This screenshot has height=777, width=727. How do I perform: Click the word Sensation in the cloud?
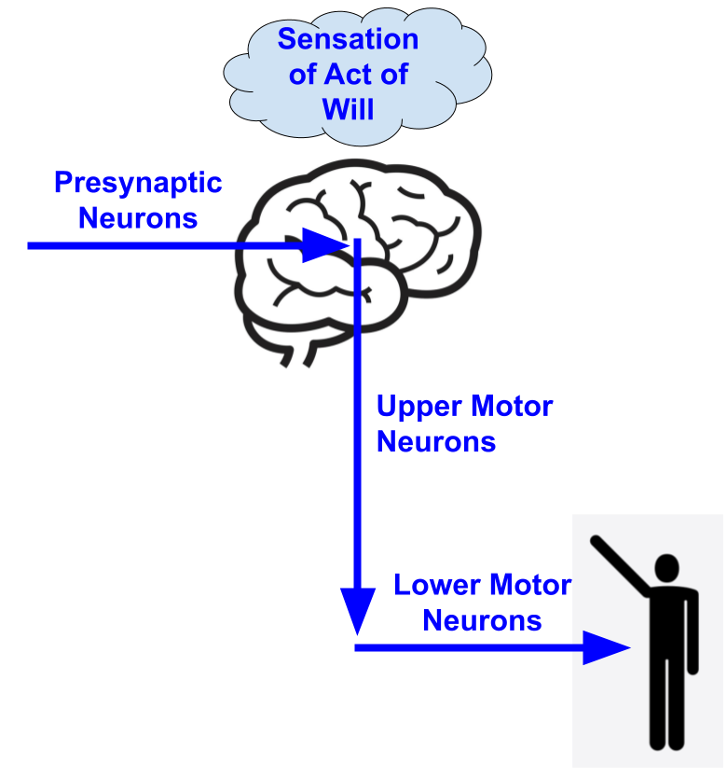348,40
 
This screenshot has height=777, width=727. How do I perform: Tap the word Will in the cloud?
348,109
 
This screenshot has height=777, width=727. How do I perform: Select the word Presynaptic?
137,183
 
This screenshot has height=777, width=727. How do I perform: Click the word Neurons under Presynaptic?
138,218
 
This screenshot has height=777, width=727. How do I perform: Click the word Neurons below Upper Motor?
435,442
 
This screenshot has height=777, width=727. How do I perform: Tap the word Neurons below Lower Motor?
482,620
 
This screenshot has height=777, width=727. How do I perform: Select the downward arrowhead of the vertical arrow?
358,611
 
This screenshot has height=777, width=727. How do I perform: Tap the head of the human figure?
667,568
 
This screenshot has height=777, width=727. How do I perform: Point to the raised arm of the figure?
622,564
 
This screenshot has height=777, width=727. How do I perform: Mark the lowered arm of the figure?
693,634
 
